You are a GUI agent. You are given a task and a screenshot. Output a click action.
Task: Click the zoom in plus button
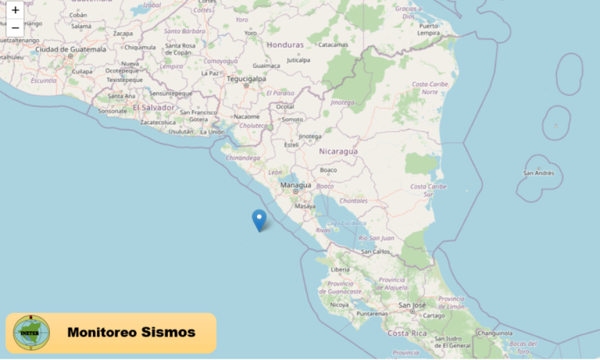pyautogui.click(x=15, y=10)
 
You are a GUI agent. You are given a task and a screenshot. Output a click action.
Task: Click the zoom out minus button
pyautogui.click(x=15, y=28)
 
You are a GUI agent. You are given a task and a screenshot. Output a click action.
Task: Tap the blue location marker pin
pyautogui.click(x=259, y=219)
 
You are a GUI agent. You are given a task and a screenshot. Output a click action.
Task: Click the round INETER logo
pyautogui.click(x=31, y=332)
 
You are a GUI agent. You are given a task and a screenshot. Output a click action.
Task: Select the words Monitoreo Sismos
pyautogui.click(x=131, y=332)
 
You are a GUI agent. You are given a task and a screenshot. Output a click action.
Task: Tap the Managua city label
pyautogui.click(x=295, y=184)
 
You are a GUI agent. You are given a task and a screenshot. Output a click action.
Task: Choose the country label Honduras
pyautogui.click(x=284, y=45)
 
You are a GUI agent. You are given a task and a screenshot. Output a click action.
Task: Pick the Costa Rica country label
pyautogui.click(x=406, y=333)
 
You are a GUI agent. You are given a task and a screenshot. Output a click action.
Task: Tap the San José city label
pyautogui.click(x=412, y=305)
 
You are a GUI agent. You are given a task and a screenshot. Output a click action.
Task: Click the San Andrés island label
pyautogui.click(x=539, y=173)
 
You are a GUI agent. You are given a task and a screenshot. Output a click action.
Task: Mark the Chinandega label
pyautogui.click(x=243, y=157)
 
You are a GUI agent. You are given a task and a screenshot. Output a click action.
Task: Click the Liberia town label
pyautogui.click(x=341, y=269)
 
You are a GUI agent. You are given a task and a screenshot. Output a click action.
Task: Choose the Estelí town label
pyautogui.click(x=291, y=144)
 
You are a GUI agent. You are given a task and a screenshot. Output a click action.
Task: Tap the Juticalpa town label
pyautogui.click(x=298, y=59)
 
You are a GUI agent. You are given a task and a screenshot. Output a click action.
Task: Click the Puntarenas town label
pyautogui.click(x=371, y=313)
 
